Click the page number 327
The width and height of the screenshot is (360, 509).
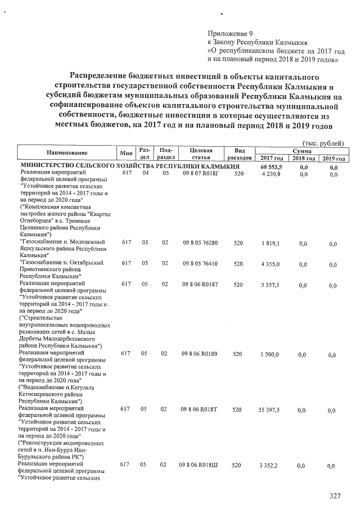(335, 496)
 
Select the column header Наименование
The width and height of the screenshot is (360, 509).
(65, 154)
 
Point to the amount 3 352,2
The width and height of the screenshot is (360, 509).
(271, 466)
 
